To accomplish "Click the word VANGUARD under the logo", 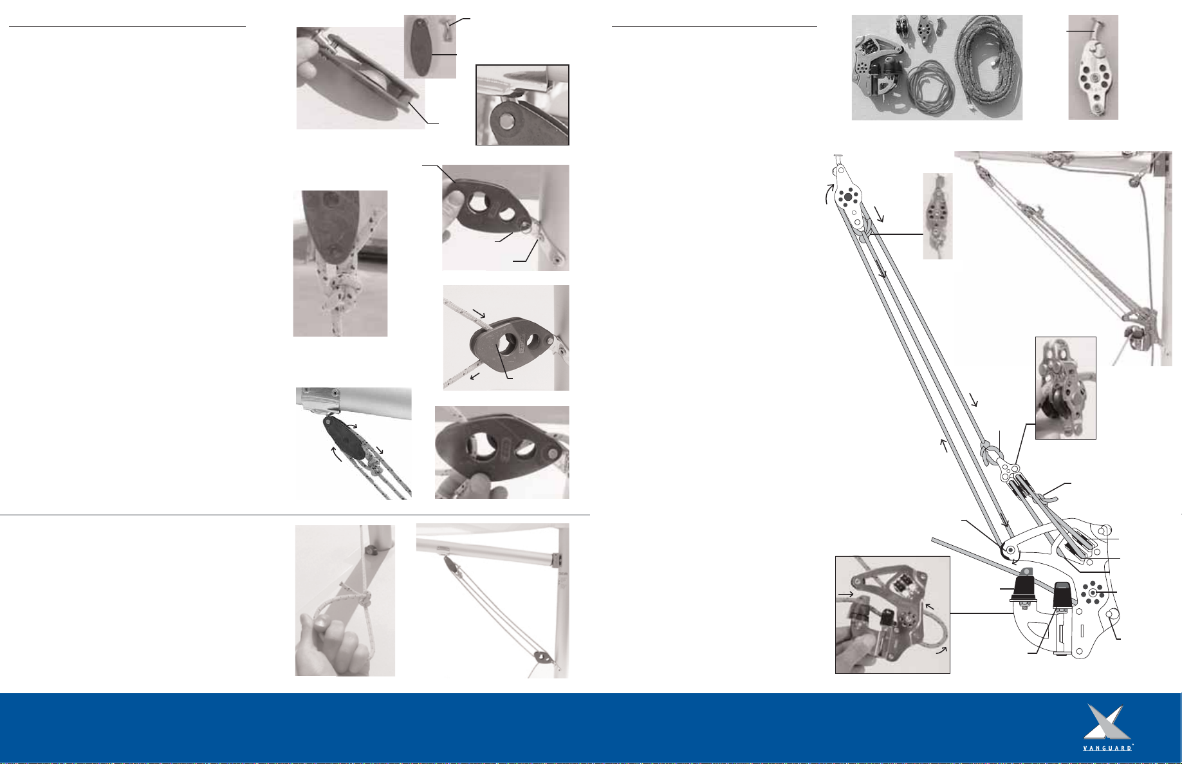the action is [x=1107, y=749].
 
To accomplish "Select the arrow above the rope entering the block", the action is [x=478, y=313].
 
